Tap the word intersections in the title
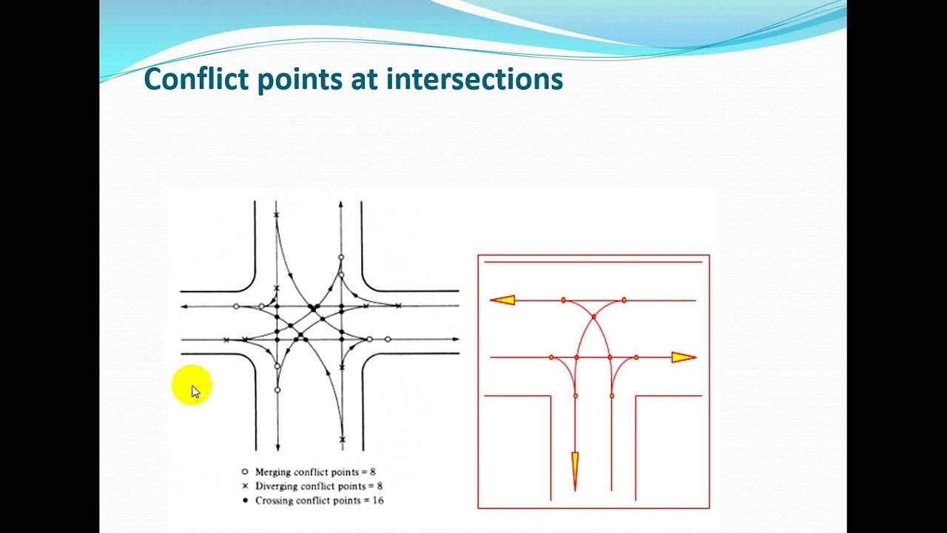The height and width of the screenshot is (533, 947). (x=474, y=79)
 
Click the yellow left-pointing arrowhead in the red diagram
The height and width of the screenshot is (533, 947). (x=503, y=300)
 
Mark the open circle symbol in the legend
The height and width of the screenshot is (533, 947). (x=245, y=472)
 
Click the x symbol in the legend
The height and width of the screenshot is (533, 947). (x=245, y=486)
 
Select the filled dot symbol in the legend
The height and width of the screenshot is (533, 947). (x=245, y=501)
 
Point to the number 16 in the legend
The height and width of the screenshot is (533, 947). (x=377, y=501)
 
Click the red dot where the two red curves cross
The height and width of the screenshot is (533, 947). (x=593, y=317)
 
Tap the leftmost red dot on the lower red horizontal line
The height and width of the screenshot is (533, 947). (x=551, y=358)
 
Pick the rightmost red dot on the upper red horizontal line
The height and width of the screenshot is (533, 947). (x=624, y=300)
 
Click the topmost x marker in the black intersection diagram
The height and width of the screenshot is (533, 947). (x=277, y=215)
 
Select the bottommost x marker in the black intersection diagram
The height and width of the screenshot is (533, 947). (x=342, y=439)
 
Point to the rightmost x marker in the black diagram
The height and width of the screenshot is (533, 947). (x=398, y=306)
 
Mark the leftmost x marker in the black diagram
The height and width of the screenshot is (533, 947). (x=226, y=340)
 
